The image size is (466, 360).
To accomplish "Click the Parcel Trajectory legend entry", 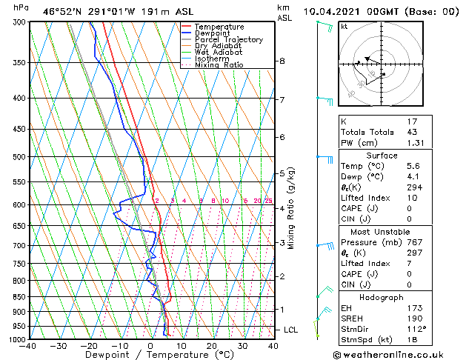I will point(228,39).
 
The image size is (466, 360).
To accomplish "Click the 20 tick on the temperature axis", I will point(212,345).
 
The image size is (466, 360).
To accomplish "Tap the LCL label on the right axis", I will point(291,330).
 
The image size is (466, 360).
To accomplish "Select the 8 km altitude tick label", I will point(282,61).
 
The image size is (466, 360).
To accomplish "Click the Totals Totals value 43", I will point(412,132).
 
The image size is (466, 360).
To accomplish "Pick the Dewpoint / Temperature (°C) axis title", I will point(150,355).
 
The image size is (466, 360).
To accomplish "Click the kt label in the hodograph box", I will point(344,27).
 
